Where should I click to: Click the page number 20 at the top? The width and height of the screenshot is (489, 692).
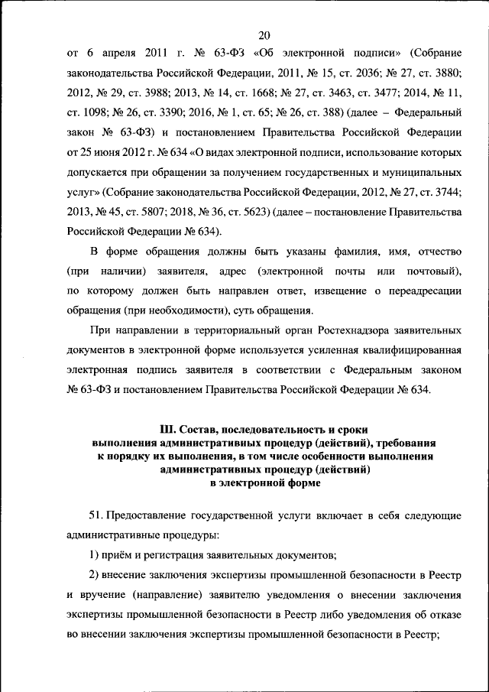265,35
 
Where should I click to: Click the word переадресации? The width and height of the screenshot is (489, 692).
424,291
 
